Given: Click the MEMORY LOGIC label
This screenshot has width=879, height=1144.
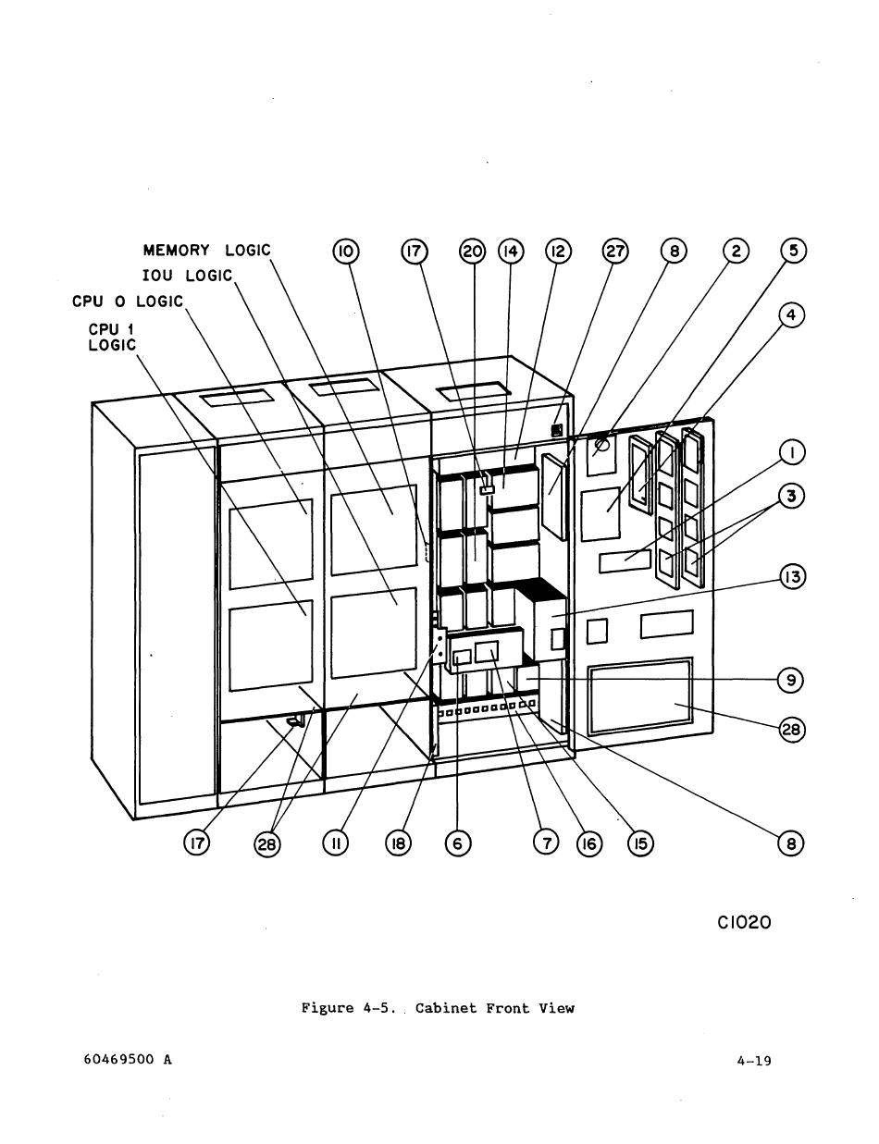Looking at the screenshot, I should (x=206, y=251).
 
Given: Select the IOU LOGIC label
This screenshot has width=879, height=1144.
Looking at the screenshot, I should (x=187, y=276).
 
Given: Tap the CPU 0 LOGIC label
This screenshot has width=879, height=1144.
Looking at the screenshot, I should (x=129, y=301).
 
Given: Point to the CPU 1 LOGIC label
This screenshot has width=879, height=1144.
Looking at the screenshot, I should (x=112, y=336).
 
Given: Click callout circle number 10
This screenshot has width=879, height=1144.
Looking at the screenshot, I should (x=346, y=252).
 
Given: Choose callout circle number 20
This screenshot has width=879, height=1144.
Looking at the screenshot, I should (x=473, y=252).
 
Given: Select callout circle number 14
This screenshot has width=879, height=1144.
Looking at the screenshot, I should (x=511, y=252).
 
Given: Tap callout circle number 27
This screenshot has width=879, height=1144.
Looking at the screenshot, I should (x=615, y=252).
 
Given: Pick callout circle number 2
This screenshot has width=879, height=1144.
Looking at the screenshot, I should (x=736, y=252).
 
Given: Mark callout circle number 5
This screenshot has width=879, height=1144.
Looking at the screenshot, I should (x=794, y=252).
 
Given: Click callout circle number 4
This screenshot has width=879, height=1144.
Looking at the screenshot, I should (x=791, y=315).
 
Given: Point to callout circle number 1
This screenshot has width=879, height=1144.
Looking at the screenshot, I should (x=791, y=453).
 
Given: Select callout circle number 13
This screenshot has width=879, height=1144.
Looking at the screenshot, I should (x=791, y=577).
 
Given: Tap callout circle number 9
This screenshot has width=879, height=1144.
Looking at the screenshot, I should (x=791, y=680).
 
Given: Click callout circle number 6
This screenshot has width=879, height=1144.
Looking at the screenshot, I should (x=458, y=843).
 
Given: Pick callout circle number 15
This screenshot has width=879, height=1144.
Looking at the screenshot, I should (x=639, y=843).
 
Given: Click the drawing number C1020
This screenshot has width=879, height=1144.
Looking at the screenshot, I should (x=743, y=922).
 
